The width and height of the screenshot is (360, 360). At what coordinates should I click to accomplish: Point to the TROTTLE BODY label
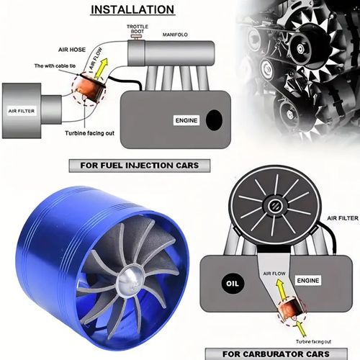tap(137, 30)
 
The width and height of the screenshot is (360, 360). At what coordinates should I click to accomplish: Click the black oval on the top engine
tap(214, 120)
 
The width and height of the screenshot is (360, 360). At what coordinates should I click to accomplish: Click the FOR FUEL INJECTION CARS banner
tap(135, 166)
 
